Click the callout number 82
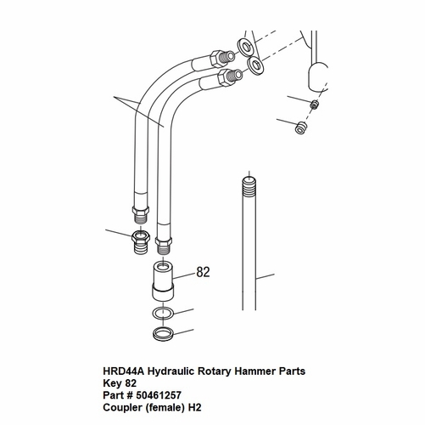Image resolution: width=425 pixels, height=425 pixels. [203, 272]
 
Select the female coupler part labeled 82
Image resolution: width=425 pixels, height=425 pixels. [163, 281]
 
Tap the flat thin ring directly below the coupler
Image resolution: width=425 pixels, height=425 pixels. [163, 313]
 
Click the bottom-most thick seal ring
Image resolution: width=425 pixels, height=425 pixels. [163, 334]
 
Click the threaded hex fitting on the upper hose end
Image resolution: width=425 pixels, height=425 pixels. [222, 58]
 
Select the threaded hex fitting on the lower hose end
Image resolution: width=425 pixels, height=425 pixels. [231, 76]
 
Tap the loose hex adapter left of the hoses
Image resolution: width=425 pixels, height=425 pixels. [141, 241]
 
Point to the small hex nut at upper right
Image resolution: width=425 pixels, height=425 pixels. [314, 105]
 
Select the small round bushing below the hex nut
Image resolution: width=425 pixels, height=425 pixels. [300, 127]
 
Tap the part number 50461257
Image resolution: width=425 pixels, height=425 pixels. [159, 395]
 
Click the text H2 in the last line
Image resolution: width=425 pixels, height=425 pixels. [194, 407]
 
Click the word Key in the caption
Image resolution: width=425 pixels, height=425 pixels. [112, 383]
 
